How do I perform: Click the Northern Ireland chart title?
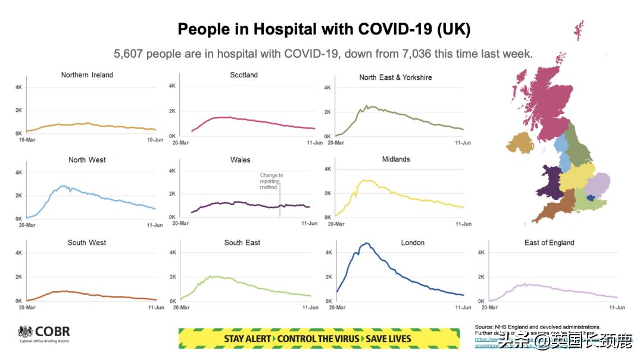point(87,75)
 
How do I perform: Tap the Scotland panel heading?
point(244,75)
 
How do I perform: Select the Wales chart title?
point(240,160)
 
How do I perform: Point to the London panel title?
point(413,243)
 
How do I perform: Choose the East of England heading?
point(549,243)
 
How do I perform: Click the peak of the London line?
point(367,243)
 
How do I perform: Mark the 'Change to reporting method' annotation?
point(271,181)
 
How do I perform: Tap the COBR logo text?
point(52,332)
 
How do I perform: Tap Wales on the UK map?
point(549,181)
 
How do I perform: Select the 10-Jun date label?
point(155,140)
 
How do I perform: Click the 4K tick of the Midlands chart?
point(327,169)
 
